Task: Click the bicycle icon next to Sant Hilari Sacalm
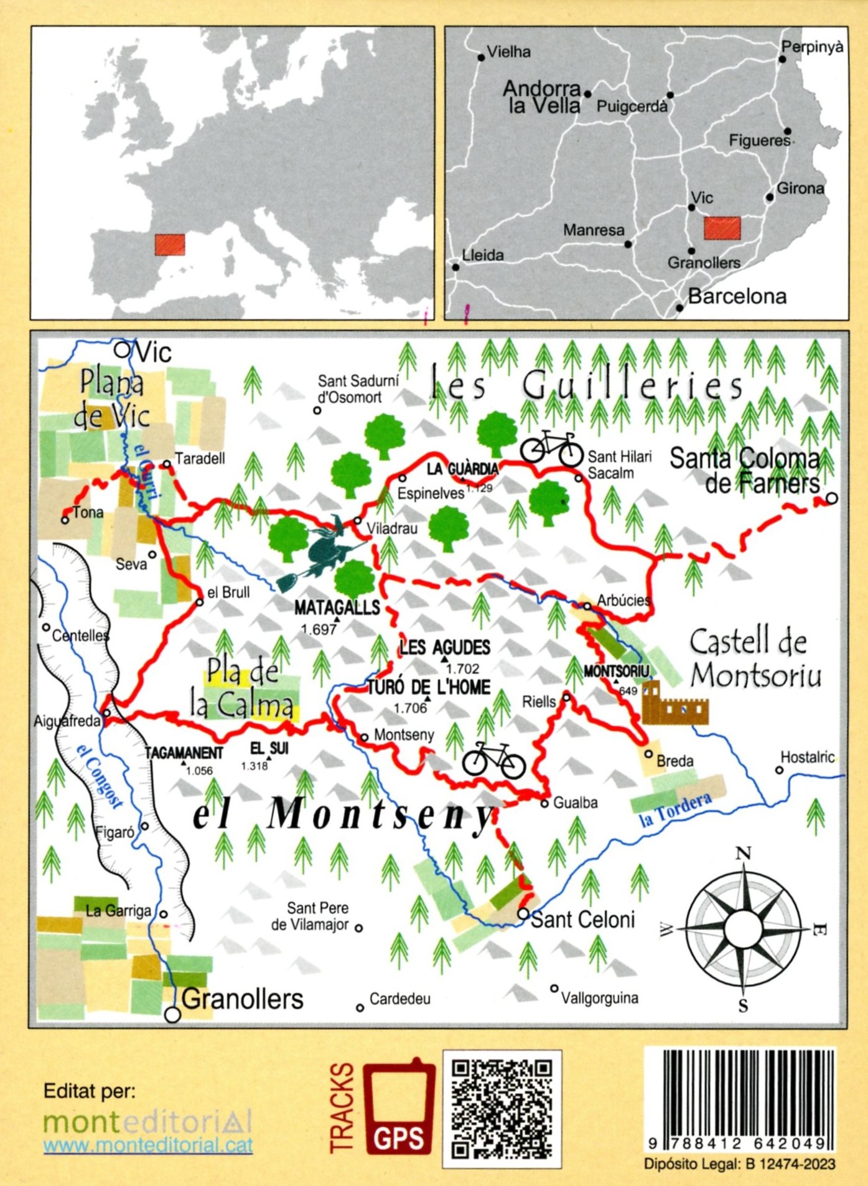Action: (551, 448)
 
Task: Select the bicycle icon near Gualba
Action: (493, 760)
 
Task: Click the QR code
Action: (502, 1109)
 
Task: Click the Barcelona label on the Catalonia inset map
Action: (737, 296)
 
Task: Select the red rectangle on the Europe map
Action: (170, 245)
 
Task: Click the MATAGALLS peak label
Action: (337, 608)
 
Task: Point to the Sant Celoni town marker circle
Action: (523, 914)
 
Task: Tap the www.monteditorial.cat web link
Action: (148, 1146)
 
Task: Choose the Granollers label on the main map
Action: (242, 999)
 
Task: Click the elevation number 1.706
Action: (410, 708)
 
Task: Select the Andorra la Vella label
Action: (543, 97)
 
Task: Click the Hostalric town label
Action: (807, 757)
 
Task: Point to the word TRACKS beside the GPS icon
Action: (342, 1108)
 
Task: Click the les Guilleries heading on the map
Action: (587, 385)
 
